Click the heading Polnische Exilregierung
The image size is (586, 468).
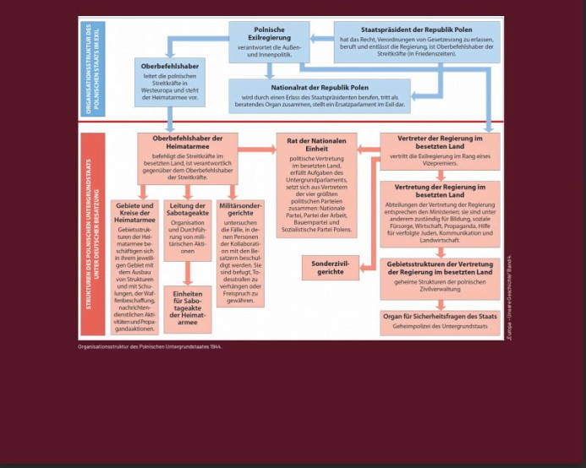coord(269,33)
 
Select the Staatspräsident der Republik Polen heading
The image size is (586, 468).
coord(416,28)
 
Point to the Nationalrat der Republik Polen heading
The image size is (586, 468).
coord(319,87)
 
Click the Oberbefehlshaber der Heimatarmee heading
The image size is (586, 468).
coord(188,142)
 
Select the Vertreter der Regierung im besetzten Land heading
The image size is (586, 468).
coord(438,142)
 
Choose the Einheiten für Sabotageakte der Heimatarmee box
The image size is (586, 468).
coord(188,308)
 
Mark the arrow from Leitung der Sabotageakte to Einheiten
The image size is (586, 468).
coord(188,272)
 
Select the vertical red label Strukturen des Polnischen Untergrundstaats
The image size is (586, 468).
coord(92,232)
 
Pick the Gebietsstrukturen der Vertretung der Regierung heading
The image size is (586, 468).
coord(439,268)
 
